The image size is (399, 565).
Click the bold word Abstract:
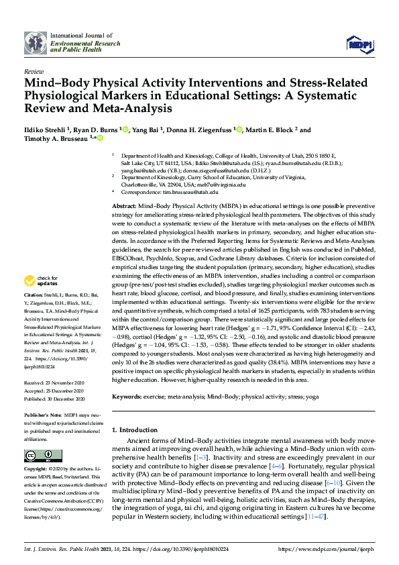point(124,207)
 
